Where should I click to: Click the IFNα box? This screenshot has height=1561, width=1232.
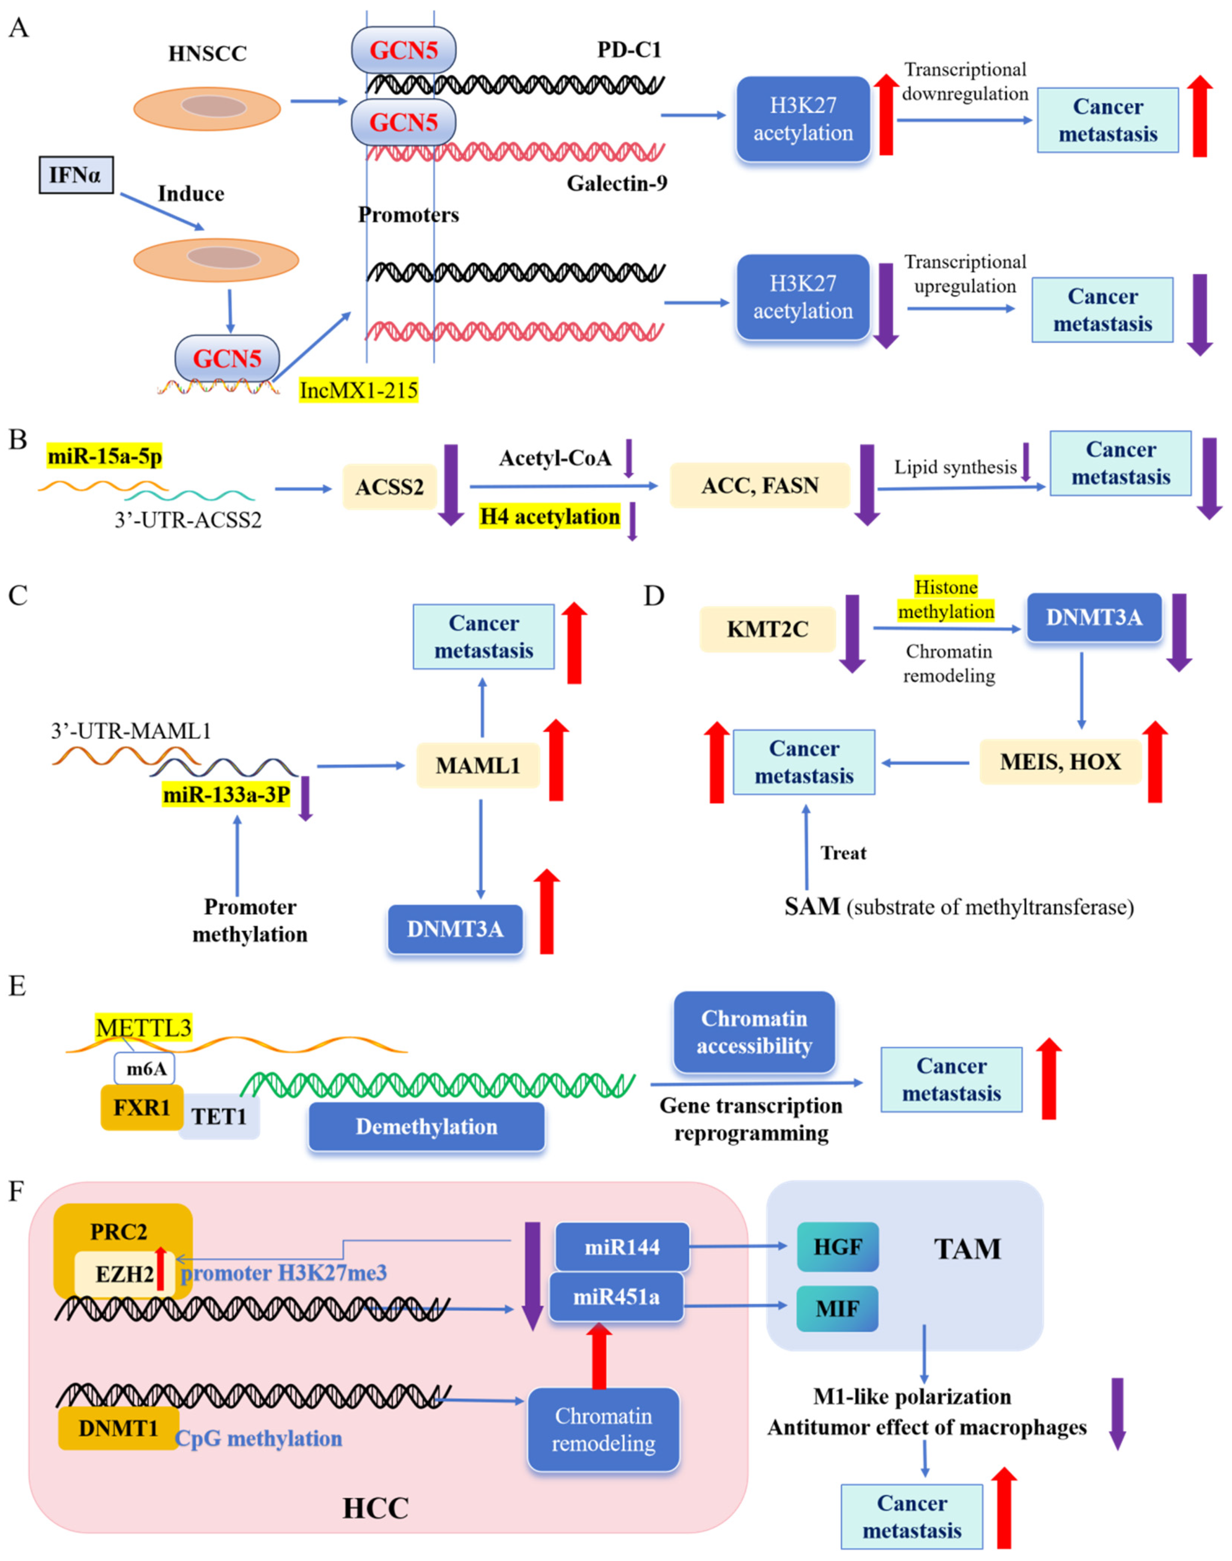[x=76, y=175]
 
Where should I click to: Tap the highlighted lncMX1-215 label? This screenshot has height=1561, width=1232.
[x=359, y=390]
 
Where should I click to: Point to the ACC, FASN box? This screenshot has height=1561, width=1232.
[x=759, y=485]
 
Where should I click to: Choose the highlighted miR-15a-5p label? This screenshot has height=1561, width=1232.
[x=105, y=456]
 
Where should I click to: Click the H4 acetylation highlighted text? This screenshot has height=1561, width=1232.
[x=550, y=516]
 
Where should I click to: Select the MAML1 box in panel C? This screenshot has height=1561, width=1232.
[x=477, y=765]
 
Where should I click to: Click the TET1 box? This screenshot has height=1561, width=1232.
[x=219, y=1117]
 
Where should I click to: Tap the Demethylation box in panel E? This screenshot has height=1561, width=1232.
[x=426, y=1127]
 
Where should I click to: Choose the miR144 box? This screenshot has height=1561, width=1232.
[x=622, y=1247]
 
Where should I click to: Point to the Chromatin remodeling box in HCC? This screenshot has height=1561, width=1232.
[x=603, y=1430]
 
